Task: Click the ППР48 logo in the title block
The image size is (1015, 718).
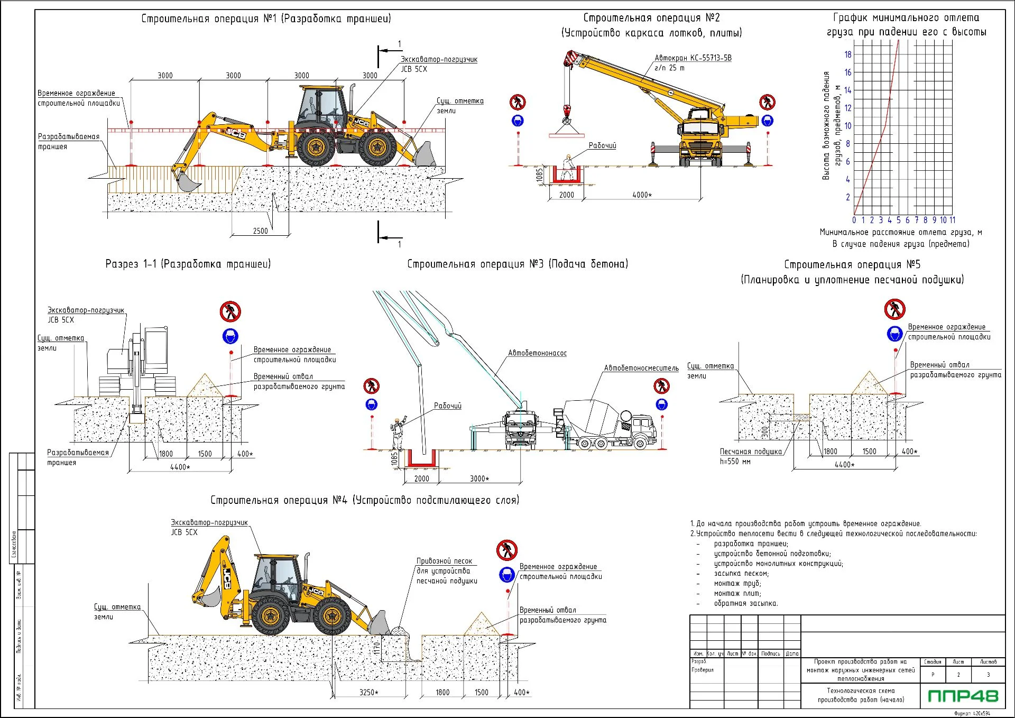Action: pyautogui.click(x=963, y=695)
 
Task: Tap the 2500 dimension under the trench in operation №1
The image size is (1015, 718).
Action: pyautogui.click(x=260, y=231)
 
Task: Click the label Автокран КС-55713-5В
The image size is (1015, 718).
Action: pyautogui.click(x=693, y=58)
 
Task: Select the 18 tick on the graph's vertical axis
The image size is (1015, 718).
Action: pyautogui.click(x=848, y=54)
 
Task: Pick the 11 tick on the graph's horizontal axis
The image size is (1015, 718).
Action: pyautogui.click(x=952, y=220)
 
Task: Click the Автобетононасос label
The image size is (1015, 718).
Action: pyautogui.click(x=537, y=353)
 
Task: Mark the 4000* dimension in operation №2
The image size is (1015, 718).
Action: pyautogui.click(x=642, y=195)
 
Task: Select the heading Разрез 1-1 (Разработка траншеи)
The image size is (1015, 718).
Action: pyautogui.click(x=188, y=264)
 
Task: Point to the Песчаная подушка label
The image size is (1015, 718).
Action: pyautogui.click(x=750, y=452)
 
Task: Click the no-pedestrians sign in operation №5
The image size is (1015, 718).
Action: pyautogui.click(x=894, y=309)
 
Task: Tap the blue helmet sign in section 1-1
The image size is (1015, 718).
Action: pyautogui.click(x=230, y=336)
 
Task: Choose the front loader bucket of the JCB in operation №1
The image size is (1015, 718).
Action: pyautogui.click(x=424, y=154)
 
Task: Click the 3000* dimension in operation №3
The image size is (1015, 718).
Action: pyautogui.click(x=479, y=478)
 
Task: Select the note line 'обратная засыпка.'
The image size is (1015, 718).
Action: pyautogui.click(x=745, y=603)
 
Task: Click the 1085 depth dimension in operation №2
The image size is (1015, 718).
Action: pyautogui.click(x=540, y=174)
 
